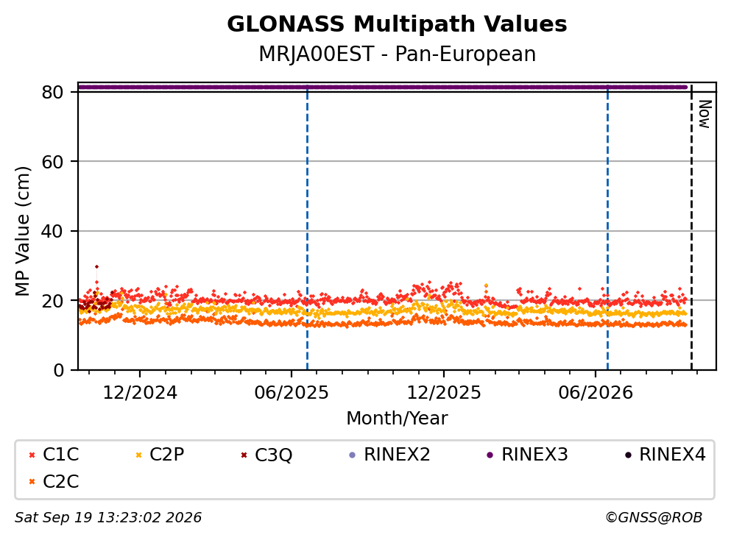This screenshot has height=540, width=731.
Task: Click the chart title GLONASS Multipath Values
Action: (x=397, y=24)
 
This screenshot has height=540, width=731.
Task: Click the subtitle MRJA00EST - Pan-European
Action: (x=397, y=54)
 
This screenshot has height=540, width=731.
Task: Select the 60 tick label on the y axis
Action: (x=52, y=162)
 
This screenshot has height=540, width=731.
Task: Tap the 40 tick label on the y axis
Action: (x=52, y=231)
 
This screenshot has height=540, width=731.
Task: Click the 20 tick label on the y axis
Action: (x=52, y=300)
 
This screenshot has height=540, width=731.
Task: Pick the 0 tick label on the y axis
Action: (x=58, y=370)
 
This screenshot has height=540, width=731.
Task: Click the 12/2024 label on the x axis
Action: (x=140, y=393)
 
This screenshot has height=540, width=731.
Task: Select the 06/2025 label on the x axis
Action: (x=292, y=393)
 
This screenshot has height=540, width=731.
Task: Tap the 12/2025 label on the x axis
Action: (x=444, y=393)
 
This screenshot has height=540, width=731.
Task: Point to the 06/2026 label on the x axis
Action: (x=596, y=393)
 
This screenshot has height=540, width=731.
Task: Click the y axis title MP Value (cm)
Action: (x=22, y=231)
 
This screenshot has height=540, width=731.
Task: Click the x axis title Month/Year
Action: (x=397, y=419)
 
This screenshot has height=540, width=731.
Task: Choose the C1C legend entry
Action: (x=54, y=454)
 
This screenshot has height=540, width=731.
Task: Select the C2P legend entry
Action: (x=160, y=454)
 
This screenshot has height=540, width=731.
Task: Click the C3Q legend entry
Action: (x=266, y=455)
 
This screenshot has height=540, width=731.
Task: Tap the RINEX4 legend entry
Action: (x=665, y=454)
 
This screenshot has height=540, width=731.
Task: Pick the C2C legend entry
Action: (x=54, y=481)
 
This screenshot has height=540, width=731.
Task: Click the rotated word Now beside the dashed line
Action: (x=705, y=114)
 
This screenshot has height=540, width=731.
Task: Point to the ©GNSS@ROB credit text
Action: (x=654, y=518)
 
